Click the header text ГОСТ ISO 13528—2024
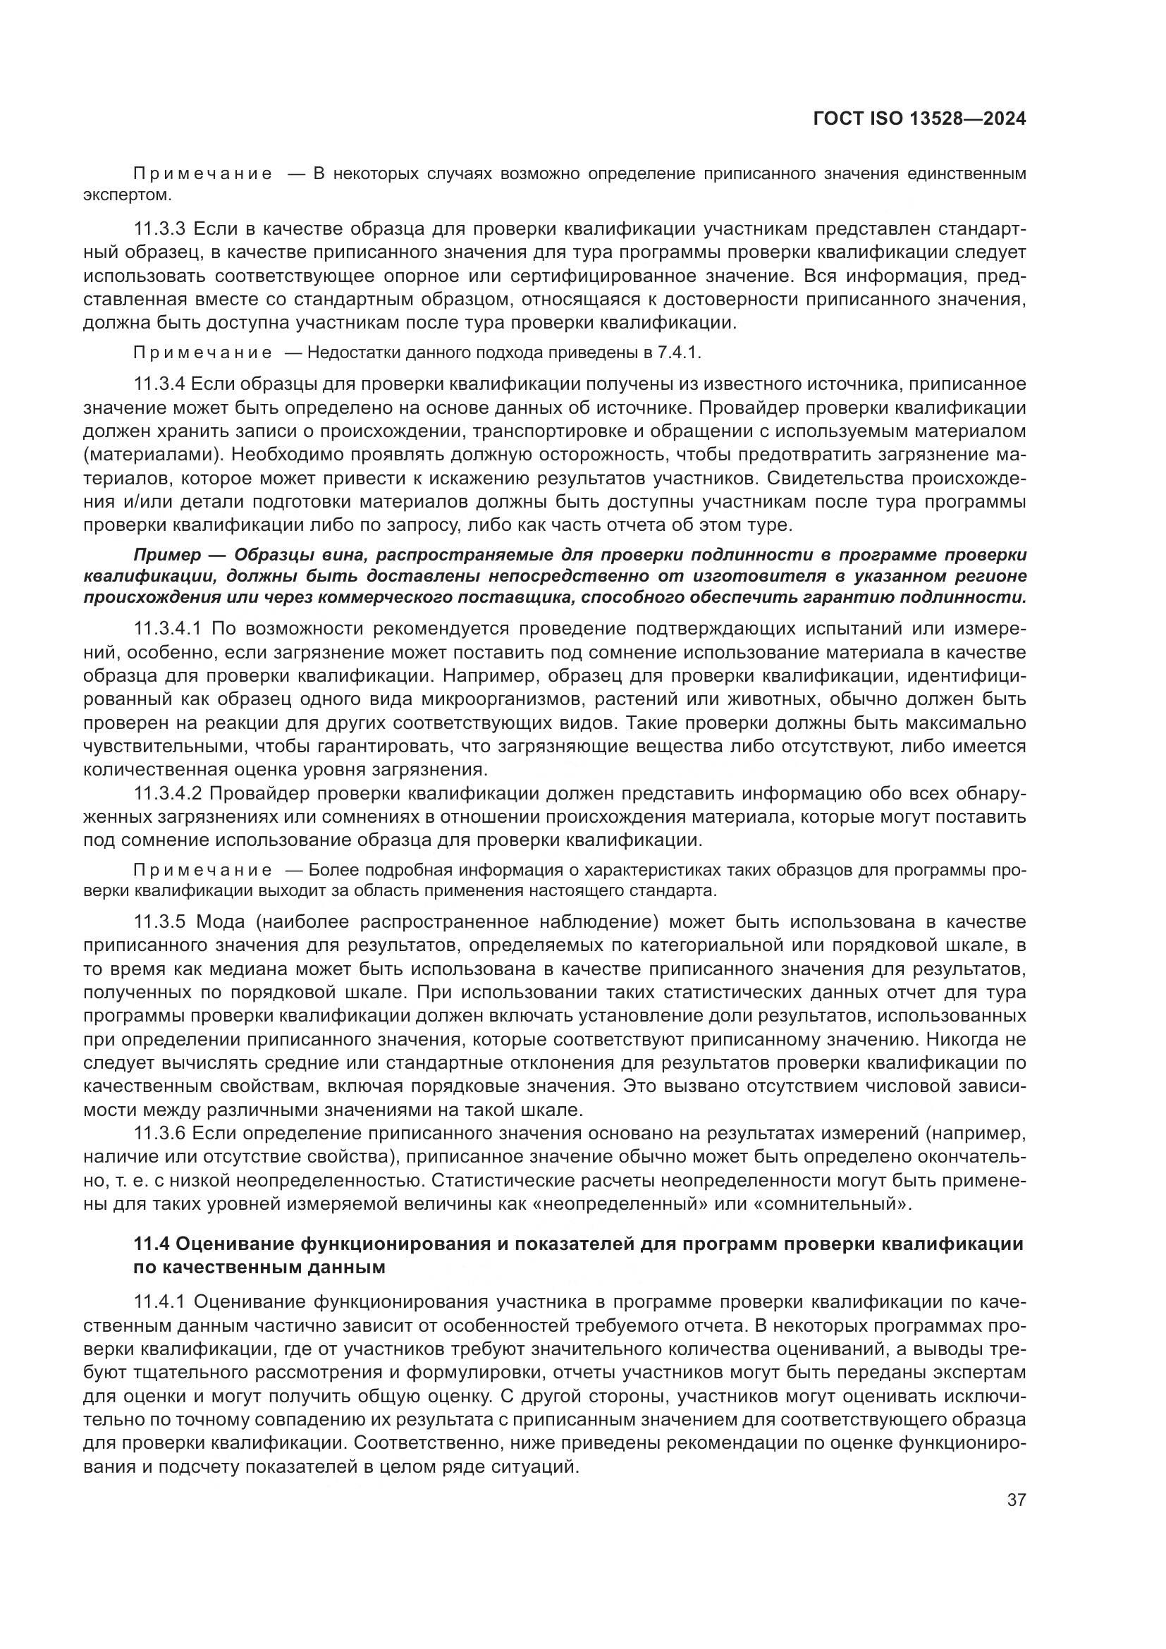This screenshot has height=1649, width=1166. coord(919,119)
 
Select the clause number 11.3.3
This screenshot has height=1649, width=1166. coord(160,229)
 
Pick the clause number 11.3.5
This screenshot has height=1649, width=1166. coord(160,922)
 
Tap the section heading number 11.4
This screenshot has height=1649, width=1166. coord(151,1244)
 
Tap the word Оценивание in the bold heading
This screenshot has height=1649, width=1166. coord(233,1244)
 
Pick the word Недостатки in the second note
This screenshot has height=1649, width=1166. coord(353,353)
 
